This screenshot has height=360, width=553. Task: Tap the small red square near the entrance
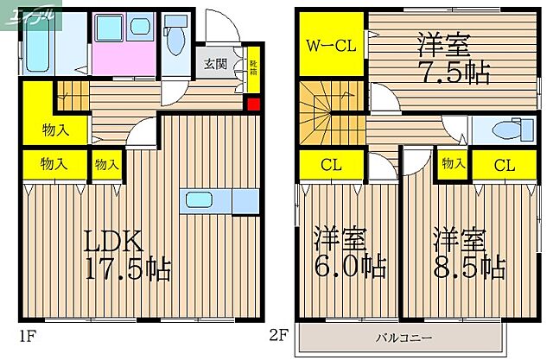pyautogui.click(x=253, y=105)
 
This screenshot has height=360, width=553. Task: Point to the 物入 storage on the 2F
pyautogui.click(x=452, y=163)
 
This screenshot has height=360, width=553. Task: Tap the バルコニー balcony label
pyautogui.click(x=398, y=337)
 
